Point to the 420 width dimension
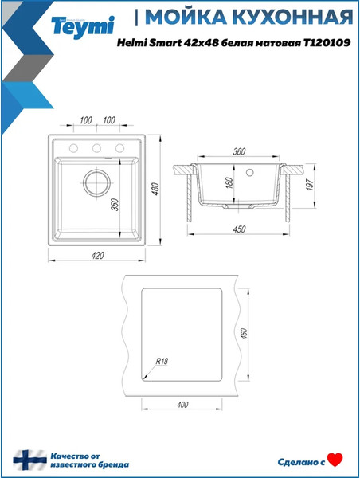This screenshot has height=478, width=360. (97, 256)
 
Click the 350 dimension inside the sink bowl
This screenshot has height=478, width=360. (115, 204)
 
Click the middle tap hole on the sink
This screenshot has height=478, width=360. (96, 148)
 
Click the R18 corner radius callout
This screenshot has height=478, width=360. (162, 359)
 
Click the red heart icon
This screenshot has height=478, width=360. (335, 459)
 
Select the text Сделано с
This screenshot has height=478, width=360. (301, 460)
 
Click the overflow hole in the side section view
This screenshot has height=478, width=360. (249, 170)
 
